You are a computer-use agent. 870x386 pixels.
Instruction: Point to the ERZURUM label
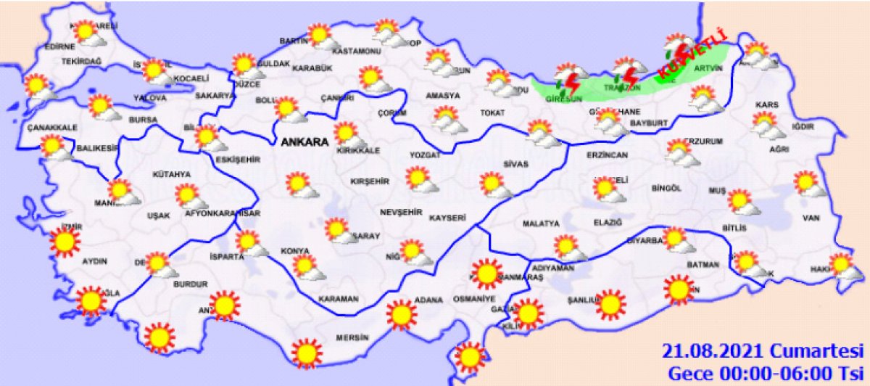pos(703,141)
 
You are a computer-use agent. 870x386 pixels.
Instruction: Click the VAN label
pos(811,218)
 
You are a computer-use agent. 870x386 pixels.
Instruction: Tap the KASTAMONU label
pos(356,52)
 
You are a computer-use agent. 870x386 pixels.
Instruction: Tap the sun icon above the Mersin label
pos(307,353)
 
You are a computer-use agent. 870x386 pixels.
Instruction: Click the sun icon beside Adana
pos(401,314)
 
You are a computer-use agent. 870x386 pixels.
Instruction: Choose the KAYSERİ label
pos(447,218)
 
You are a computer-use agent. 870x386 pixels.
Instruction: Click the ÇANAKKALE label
pos(51,127)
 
